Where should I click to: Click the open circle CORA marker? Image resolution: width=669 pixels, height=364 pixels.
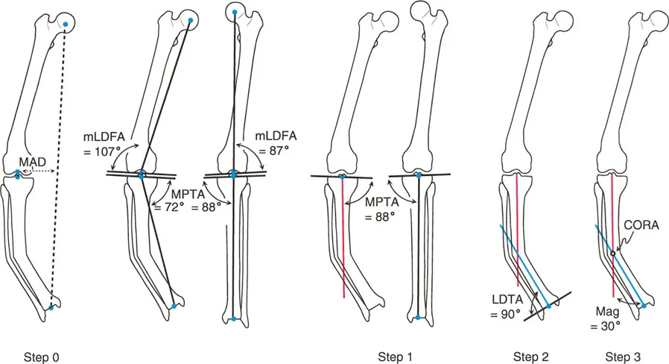tap(612, 254)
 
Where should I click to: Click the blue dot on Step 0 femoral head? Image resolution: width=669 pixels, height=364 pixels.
tap(66, 25)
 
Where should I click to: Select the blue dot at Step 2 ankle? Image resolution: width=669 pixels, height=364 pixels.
tap(548, 306)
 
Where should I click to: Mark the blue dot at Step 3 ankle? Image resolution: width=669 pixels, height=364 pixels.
tap(643, 305)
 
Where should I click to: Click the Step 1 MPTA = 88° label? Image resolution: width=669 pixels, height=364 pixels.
tap(380, 209)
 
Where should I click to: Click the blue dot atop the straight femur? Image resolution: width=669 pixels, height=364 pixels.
tap(235, 13)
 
